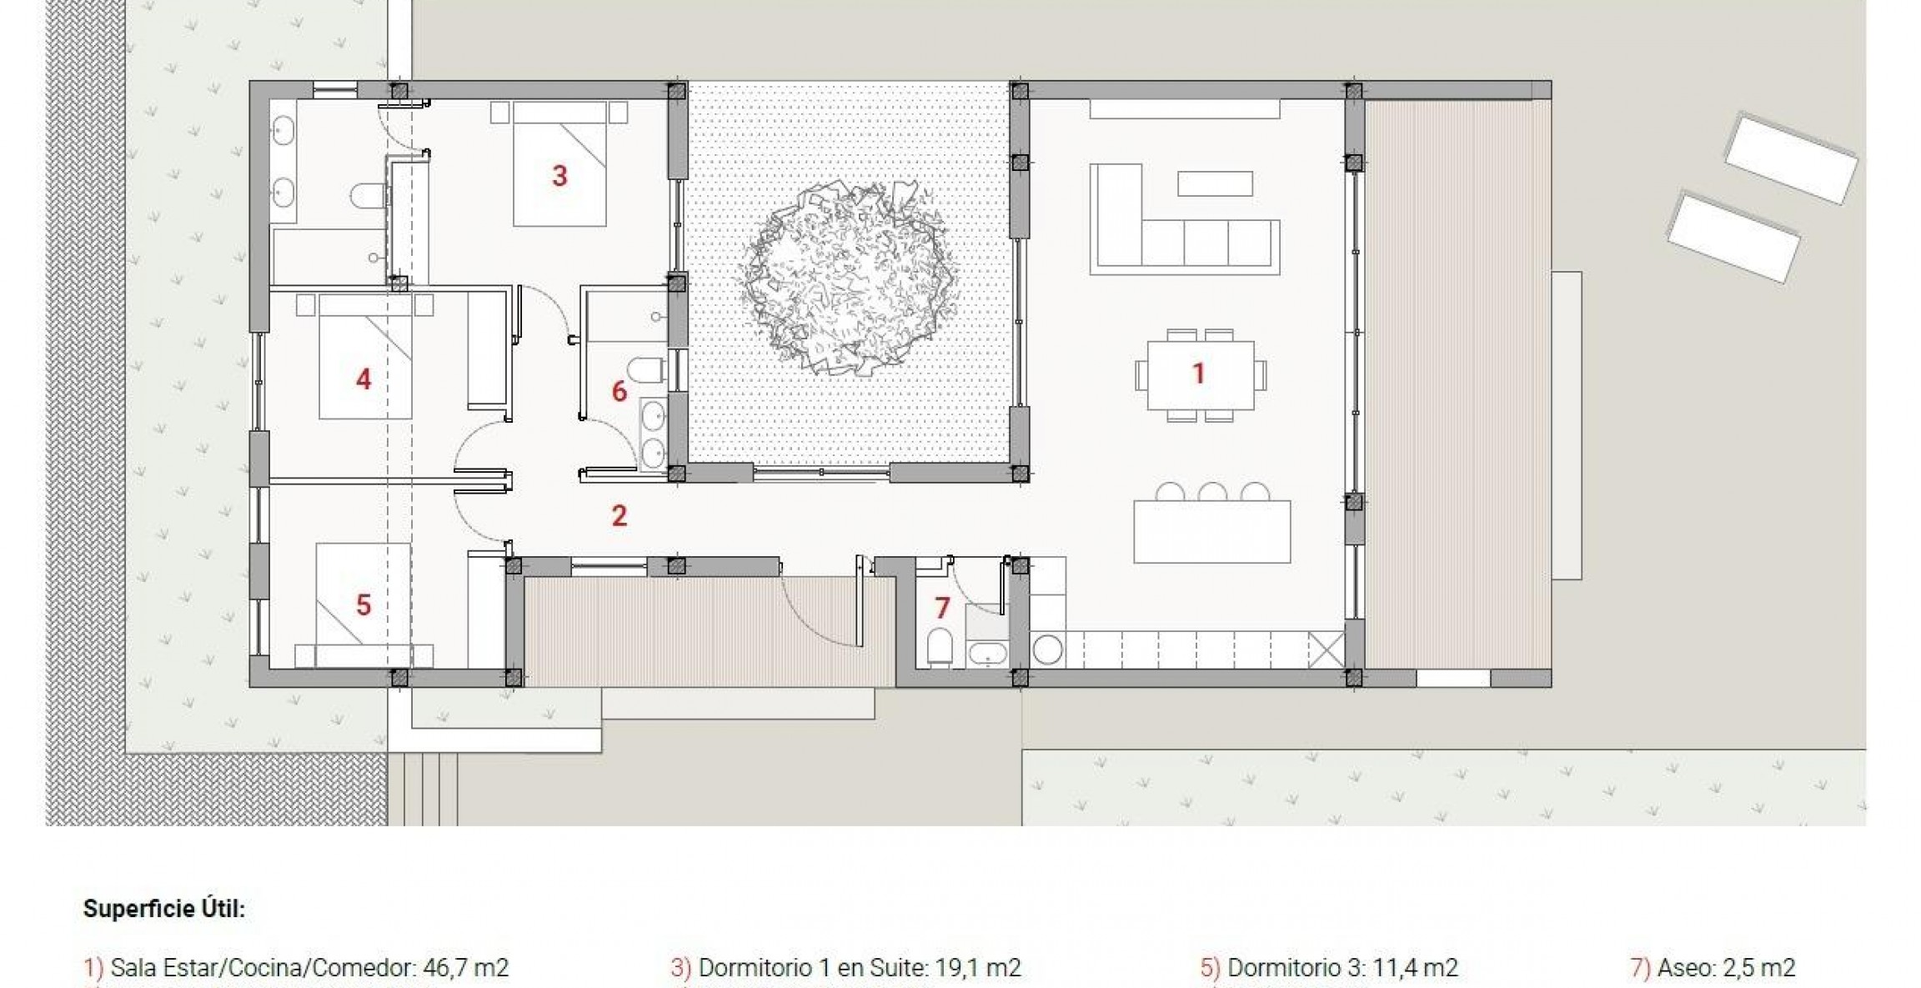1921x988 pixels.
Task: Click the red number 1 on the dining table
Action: tap(1198, 374)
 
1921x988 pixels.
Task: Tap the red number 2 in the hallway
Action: tap(619, 516)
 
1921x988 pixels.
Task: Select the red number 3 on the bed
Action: tap(559, 176)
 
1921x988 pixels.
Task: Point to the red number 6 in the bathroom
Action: tap(619, 391)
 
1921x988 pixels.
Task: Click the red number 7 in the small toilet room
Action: tap(942, 608)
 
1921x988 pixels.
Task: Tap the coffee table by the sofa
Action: tap(1214, 183)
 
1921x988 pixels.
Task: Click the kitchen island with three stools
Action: tap(1211, 532)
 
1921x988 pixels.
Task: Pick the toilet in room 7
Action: tap(940, 646)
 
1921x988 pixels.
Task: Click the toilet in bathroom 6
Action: tap(647, 369)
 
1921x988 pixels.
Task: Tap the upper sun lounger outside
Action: tap(1790, 158)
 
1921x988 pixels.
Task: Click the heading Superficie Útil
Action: tap(164, 909)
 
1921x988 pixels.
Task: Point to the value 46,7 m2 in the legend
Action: tap(465, 968)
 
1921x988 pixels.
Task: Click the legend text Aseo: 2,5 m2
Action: tap(1724, 968)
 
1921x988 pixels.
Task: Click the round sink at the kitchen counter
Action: tap(1047, 649)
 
